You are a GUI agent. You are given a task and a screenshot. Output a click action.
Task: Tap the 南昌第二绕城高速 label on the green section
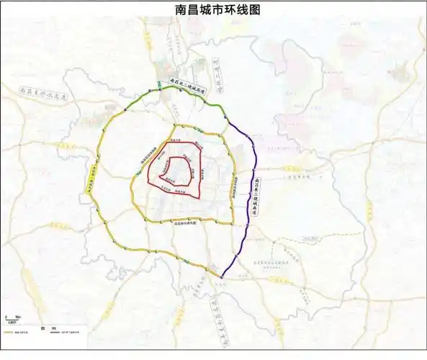point(189,85)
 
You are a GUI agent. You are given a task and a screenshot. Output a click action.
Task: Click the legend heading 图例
point(44,326)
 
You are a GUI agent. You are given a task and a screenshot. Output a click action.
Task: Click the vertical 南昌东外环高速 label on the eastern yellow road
point(235,187)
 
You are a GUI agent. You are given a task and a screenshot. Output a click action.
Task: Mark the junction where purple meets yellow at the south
point(220,276)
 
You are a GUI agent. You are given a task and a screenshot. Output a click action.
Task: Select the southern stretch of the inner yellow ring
point(187,219)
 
